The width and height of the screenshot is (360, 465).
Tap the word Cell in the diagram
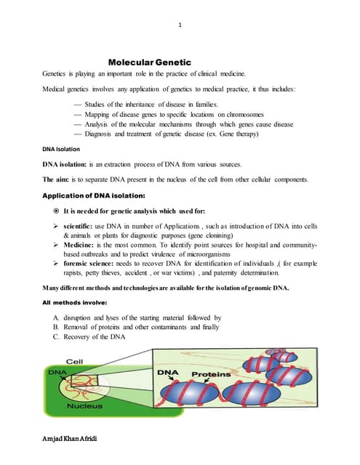pyautogui.click(x=76, y=361)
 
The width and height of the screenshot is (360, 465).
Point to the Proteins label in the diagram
pyautogui.click(x=210, y=374)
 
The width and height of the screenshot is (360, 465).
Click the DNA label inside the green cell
pyautogui.click(x=56, y=371)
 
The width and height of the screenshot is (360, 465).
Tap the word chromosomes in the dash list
pyautogui.click(x=241, y=115)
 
